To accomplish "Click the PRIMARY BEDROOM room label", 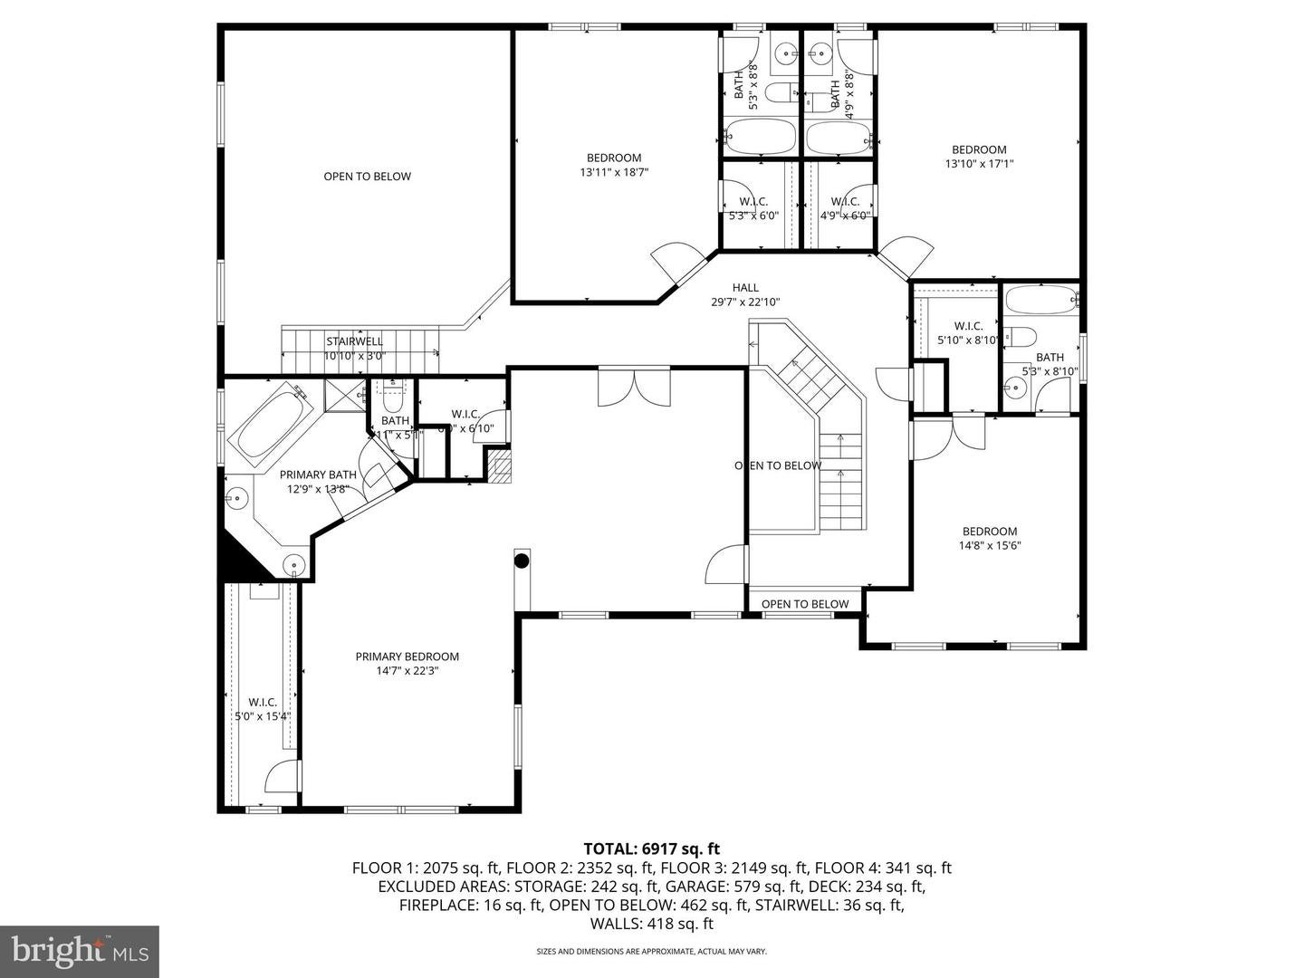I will (x=407, y=657).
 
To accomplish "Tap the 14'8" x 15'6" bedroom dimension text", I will (x=989, y=546).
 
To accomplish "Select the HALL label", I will (x=746, y=288).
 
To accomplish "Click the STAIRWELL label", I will (x=354, y=341).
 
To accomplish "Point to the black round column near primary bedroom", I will (x=522, y=561).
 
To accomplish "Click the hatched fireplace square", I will (x=499, y=465).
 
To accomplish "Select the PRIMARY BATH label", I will (x=318, y=475).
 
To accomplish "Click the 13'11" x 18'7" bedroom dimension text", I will (x=614, y=172).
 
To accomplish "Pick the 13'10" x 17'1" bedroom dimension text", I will (x=978, y=164).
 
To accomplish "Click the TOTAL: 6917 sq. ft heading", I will (x=651, y=849).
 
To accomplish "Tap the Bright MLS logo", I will (x=80, y=951).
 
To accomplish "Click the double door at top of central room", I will (x=634, y=386).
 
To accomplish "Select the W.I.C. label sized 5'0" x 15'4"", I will (x=262, y=702).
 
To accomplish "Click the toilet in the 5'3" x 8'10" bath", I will (x=1021, y=337).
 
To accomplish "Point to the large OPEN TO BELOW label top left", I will (x=367, y=177).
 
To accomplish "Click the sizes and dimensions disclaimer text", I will (x=651, y=952).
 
